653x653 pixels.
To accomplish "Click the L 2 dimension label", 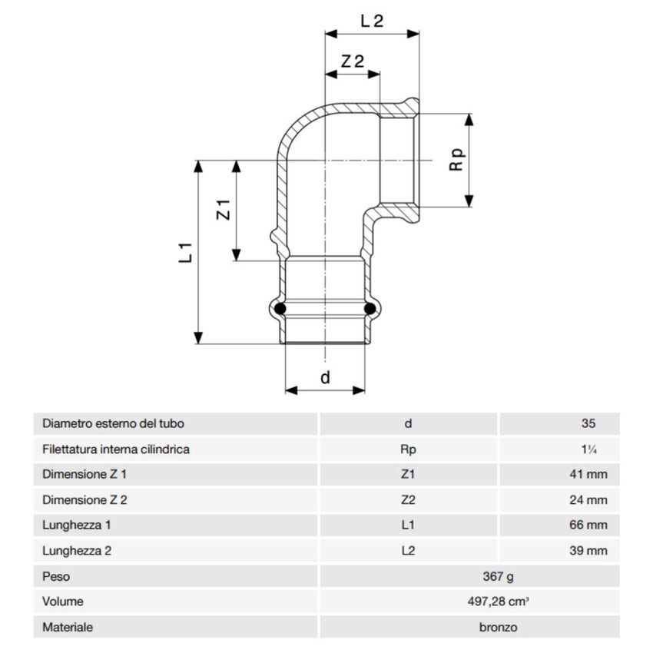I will coord(372,21).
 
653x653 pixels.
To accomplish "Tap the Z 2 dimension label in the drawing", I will coord(352,61).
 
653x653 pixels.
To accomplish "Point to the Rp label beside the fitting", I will coord(457,160).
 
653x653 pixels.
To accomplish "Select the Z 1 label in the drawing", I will coord(224,209).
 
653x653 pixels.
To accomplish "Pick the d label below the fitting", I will coord(324,377).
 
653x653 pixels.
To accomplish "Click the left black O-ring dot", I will coord(281,309).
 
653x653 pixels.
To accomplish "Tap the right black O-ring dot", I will coord(370,309).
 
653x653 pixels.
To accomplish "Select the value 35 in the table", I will coord(588,423).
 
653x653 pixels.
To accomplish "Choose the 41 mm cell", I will coord(587,475).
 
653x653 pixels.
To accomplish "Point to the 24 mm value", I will coord(587,500).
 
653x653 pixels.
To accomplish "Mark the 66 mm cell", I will coord(587,525).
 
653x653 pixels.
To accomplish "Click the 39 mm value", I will coord(587,551).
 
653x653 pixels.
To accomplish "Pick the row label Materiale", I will coord(68,627).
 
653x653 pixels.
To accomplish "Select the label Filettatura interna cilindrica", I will coord(116,449).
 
